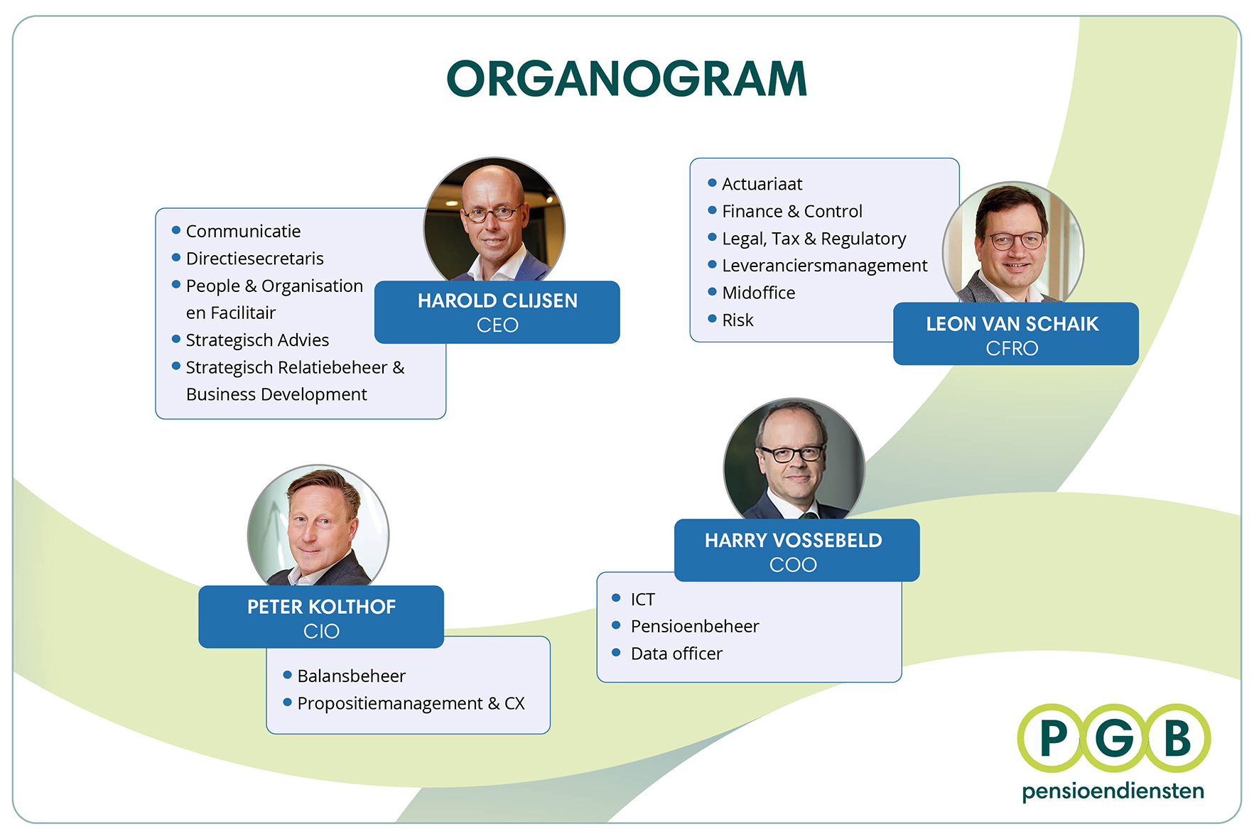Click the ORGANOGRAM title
pos(627,78)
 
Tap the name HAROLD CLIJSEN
pos(497,301)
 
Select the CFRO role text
pos(1012,348)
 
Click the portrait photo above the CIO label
pos(318,526)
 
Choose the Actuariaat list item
pos(762,184)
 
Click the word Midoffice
pos(758,293)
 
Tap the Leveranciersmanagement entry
pos(824,266)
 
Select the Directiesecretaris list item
pos(254,259)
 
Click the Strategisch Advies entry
pos(257,340)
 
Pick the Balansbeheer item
pos(351,676)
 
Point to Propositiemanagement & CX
pos(411,703)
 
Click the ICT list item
pos(642,600)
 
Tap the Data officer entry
pos(676,654)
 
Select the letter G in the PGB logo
pos(1113,739)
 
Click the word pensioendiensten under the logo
pos(1113,791)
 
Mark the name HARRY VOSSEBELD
pos(793,541)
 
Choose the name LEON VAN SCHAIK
pos(1012,324)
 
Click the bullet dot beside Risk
pos(712,319)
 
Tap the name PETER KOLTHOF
pos(321,607)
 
